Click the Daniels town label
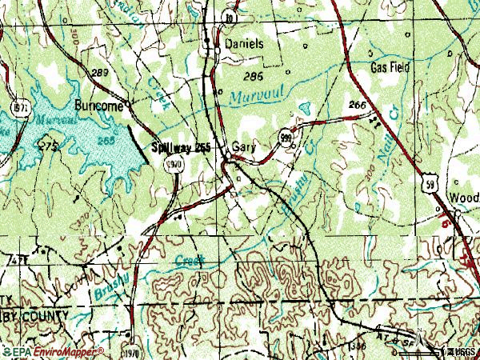point(244,44)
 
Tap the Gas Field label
point(390,68)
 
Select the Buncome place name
point(100,105)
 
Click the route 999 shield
point(286,137)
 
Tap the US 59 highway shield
point(430,185)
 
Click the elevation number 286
point(254,77)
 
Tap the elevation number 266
point(358,105)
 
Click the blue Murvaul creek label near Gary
point(249,98)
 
